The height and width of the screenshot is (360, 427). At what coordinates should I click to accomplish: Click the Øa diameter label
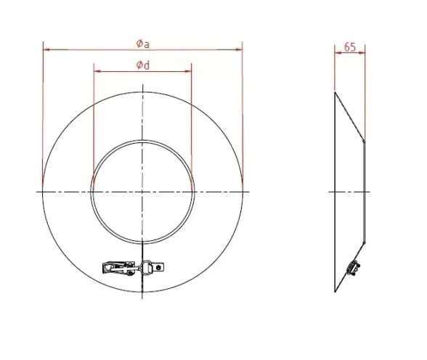tap(143, 44)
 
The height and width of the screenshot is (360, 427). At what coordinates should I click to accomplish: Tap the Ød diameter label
tap(143, 65)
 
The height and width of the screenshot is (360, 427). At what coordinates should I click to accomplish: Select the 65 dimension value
tap(350, 47)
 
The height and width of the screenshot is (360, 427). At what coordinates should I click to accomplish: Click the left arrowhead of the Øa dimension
tap(46, 49)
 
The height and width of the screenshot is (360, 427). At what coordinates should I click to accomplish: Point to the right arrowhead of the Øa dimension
tap(238, 49)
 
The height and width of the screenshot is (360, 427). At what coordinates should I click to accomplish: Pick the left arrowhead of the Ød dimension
tap(97, 71)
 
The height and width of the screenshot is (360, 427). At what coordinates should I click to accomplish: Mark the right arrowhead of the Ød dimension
tap(187, 71)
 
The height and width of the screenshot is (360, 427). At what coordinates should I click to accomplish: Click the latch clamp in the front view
tap(133, 268)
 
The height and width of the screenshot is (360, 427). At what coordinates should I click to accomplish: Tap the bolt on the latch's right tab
tap(158, 268)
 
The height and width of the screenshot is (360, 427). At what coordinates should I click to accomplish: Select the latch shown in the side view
tap(353, 266)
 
